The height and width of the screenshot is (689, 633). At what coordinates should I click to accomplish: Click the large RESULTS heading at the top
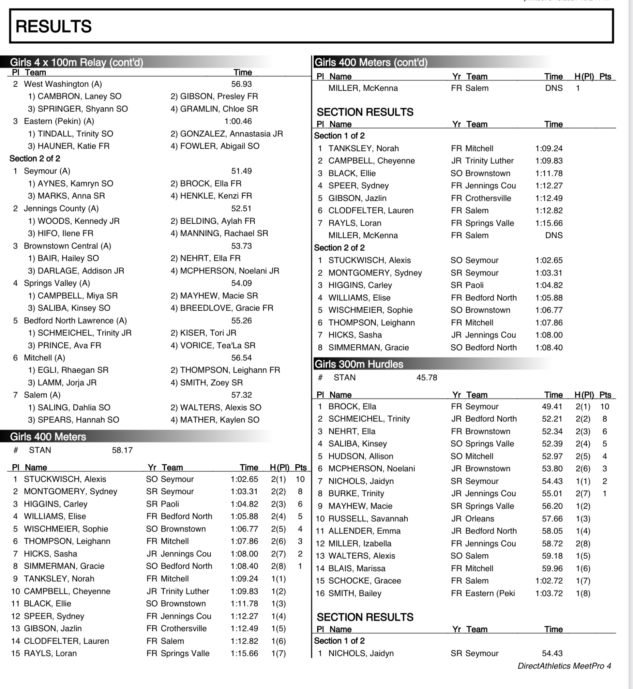click(x=54, y=26)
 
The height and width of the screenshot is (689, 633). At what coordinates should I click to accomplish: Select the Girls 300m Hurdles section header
click(x=359, y=364)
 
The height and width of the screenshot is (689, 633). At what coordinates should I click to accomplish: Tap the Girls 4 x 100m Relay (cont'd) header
click(x=76, y=62)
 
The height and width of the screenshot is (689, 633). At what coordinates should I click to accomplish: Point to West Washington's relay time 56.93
click(x=241, y=84)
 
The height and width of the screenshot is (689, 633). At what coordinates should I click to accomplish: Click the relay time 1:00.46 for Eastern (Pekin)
click(x=238, y=121)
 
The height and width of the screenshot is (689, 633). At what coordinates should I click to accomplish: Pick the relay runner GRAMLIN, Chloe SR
click(x=214, y=109)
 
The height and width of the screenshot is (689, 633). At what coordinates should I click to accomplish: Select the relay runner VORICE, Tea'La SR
click(x=213, y=345)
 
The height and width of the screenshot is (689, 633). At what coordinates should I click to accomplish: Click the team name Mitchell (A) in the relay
click(x=44, y=358)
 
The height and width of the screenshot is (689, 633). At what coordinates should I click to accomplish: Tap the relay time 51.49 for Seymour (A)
click(x=241, y=171)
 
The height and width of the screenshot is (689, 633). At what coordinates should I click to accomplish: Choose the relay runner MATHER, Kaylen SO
click(x=215, y=420)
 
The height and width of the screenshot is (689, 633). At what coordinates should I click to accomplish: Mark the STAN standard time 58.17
click(x=122, y=450)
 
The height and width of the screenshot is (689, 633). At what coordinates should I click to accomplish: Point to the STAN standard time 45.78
click(x=426, y=377)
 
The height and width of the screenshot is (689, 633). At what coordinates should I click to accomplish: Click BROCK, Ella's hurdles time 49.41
click(x=552, y=407)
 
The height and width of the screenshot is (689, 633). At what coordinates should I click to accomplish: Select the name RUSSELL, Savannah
click(x=368, y=519)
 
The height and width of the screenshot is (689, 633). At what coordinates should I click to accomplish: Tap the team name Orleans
click(x=480, y=519)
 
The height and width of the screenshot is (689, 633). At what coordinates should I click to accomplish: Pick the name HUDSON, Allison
click(x=360, y=456)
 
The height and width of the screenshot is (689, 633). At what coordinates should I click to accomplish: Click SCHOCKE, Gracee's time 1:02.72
click(x=549, y=581)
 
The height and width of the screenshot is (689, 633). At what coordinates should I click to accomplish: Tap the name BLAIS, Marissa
click(x=357, y=568)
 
